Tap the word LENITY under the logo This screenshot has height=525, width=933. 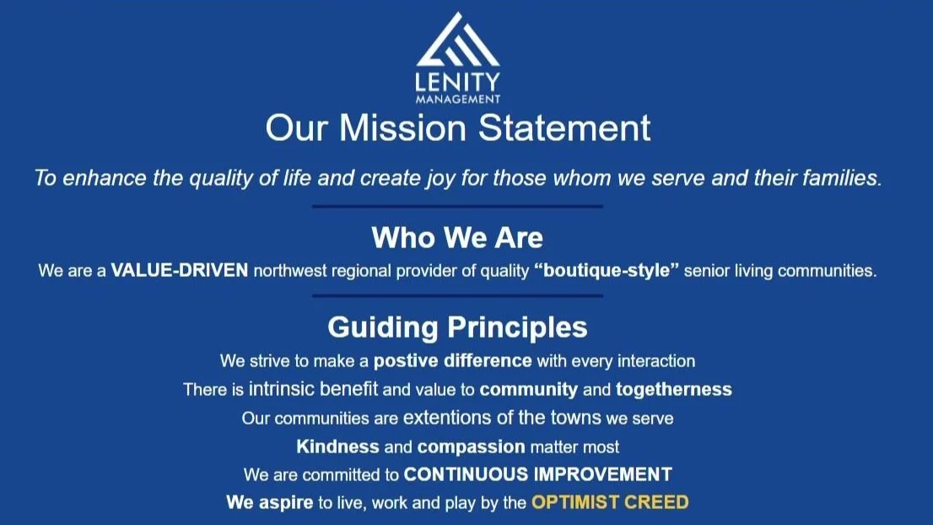(x=458, y=82)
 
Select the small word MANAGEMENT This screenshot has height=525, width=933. (x=458, y=99)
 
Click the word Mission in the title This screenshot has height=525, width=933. (x=402, y=128)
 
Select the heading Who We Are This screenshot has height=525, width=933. (x=457, y=237)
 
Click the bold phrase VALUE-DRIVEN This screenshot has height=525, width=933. (x=180, y=272)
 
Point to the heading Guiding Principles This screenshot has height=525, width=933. (x=457, y=327)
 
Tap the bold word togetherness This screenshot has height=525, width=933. (x=673, y=389)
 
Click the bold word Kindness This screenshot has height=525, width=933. (x=337, y=447)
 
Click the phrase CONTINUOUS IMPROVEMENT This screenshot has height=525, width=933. (x=537, y=474)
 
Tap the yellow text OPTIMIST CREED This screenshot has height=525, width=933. (x=609, y=502)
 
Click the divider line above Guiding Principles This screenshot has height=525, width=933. (x=457, y=296)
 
